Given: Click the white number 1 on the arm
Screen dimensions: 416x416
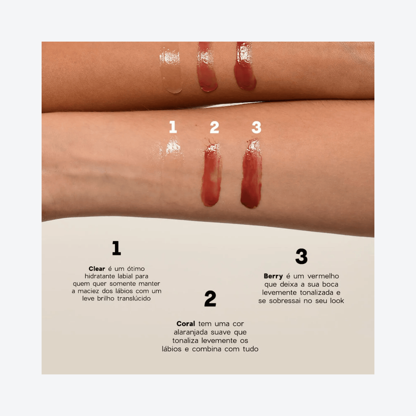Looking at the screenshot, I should pyautogui.click(x=173, y=127).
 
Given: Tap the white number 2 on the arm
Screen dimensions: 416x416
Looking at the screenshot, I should pyautogui.click(x=214, y=128).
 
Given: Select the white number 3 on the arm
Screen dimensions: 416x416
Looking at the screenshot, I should pyautogui.click(x=256, y=128).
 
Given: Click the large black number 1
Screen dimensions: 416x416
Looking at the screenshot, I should pyautogui.click(x=116, y=248).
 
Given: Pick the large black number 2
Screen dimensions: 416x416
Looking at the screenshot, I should pyautogui.click(x=210, y=298).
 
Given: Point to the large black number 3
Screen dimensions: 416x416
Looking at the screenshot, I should pyautogui.click(x=301, y=257).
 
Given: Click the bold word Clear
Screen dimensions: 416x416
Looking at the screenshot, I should pyautogui.click(x=97, y=269).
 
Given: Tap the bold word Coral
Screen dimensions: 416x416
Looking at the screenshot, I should pyautogui.click(x=186, y=324).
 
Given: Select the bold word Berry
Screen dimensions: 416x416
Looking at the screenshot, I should pyautogui.click(x=273, y=276).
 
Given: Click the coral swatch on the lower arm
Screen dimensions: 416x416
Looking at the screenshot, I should pyautogui.click(x=211, y=177).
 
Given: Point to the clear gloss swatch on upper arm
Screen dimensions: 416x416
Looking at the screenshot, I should pyautogui.click(x=171, y=69).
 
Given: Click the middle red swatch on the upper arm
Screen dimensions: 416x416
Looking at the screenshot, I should pyautogui.click(x=207, y=69).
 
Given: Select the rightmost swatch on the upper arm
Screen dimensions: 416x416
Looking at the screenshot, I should pyautogui.click(x=245, y=68).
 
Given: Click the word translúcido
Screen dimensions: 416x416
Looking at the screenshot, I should pyautogui.click(x=134, y=298).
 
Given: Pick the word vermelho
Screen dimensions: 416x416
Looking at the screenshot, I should pyautogui.click(x=323, y=276).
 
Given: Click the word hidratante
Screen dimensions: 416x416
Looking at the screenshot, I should pyautogui.click(x=100, y=276).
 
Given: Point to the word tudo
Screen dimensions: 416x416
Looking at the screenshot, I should pyautogui.click(x=250, y=349).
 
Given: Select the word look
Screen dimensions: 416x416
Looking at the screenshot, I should pyautogui.click(x=337, y=301).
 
